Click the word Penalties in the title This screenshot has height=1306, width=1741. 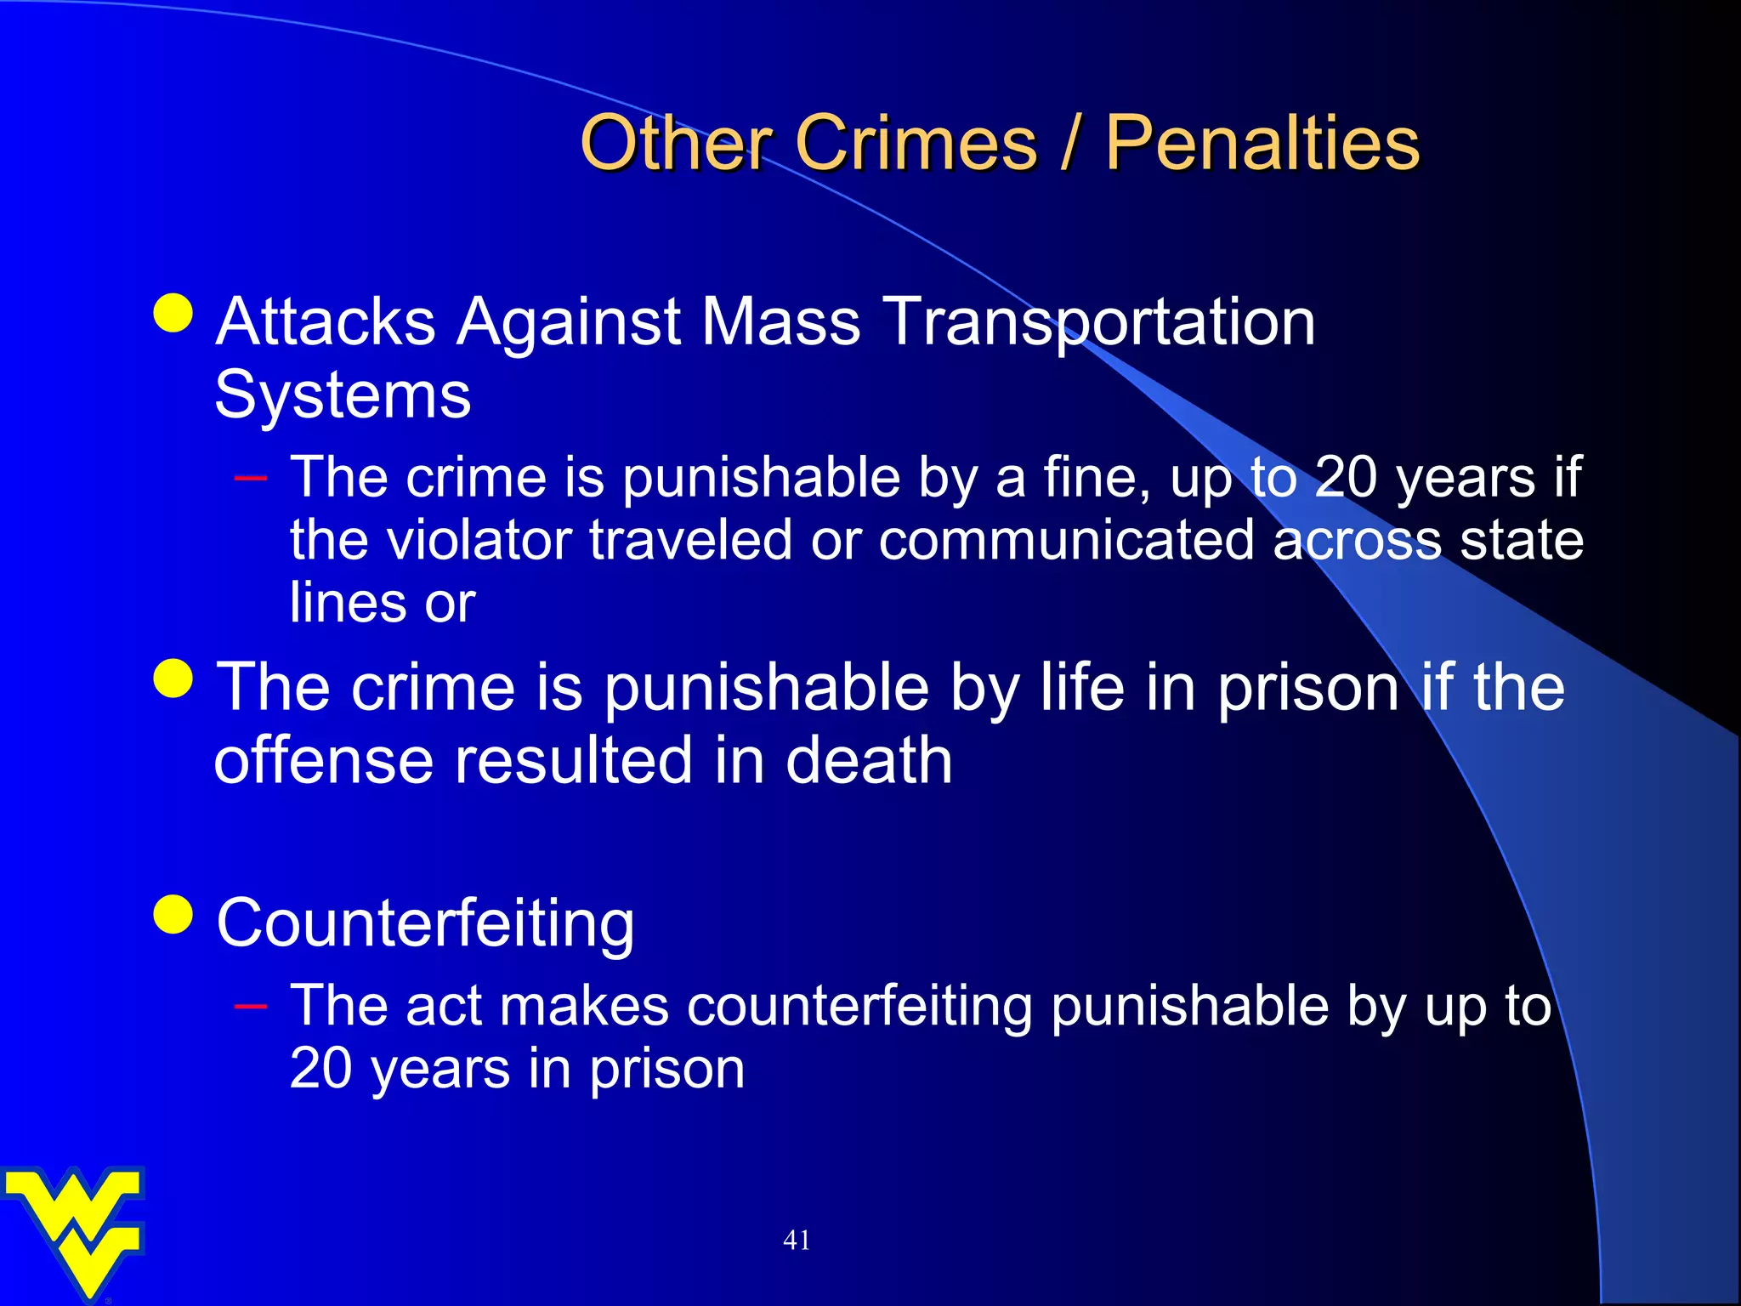point(1262,143)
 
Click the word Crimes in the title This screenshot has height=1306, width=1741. point(916,143)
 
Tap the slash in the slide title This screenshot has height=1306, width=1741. point(1070,143)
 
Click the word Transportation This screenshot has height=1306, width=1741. point(1100,323)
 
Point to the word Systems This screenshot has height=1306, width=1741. point(343,395)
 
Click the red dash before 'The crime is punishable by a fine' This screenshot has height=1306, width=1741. point(251,478)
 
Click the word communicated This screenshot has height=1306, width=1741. point(1066,541)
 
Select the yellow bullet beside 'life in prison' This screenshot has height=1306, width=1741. point(174,679)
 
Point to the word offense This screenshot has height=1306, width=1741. point(324,760)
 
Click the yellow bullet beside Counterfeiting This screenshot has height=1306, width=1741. point(174,915)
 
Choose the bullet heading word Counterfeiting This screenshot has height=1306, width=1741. point(425,923)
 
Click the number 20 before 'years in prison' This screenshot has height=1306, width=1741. point(321,1069)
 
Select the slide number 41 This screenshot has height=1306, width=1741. point(797,1241)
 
